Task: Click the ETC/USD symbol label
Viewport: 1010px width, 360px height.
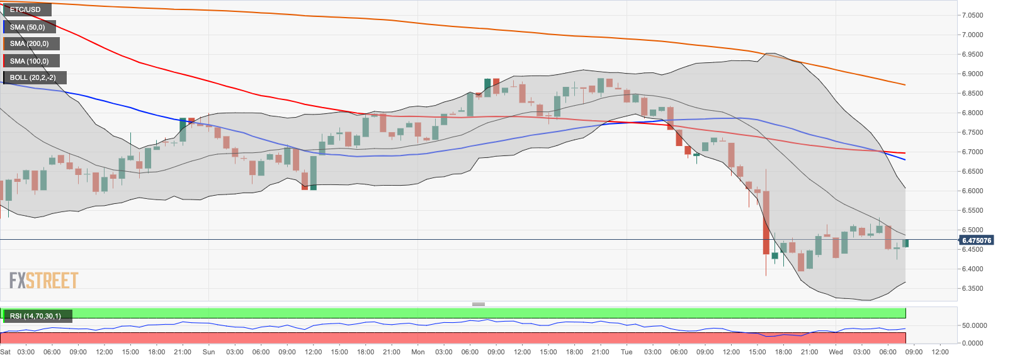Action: click(x=26, y=9)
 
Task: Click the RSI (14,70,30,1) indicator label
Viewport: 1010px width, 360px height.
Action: click(x=36, y=315)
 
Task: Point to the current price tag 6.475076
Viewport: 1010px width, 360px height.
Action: click(x=977, y=240)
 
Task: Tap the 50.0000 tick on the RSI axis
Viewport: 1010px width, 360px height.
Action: click(x=974, y=325)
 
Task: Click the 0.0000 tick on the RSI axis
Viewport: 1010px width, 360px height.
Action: click(x=974, y=343)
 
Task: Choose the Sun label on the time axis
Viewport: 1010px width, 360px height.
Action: click(x=208, y=352)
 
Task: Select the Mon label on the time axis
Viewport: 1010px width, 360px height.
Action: click(x=417, y=352)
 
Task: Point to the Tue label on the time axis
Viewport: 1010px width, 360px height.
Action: click(x=627, y=352)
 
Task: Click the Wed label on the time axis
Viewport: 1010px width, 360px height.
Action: click(x=836, y=352)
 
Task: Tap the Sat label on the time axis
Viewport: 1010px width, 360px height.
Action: click(x=6, y=352)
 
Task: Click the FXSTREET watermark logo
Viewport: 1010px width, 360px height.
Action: click(x=43, y=281)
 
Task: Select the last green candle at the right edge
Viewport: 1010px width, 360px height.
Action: click(x=905, y=243)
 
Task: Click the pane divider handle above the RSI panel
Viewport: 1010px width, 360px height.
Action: click(x=479, y=304)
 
